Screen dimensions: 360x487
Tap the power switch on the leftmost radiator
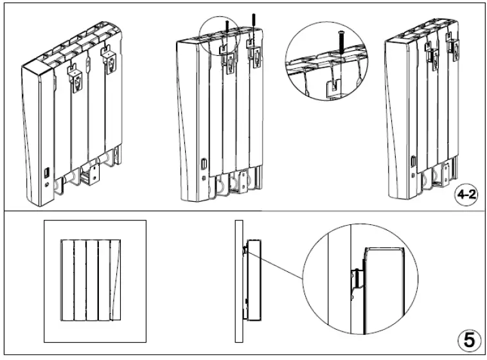point(48,173)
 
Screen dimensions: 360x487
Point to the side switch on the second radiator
point(204,164)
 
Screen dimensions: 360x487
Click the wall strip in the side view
point(238,282)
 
